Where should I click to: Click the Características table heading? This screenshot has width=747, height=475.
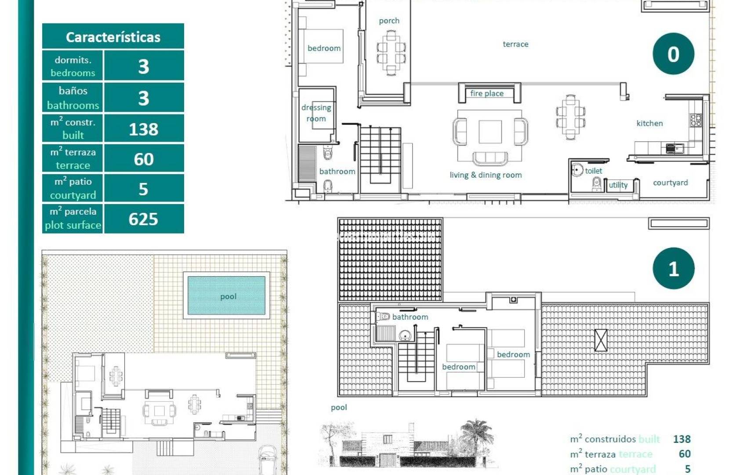tap(113, 37)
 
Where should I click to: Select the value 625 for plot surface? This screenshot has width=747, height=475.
tap(143, 219)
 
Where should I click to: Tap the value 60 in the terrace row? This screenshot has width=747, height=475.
tap(143, 159)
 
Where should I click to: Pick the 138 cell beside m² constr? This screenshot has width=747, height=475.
tap(143, 129)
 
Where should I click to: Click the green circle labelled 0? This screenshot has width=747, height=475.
tap(673, 54)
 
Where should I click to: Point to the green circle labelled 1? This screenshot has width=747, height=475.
tap(673, 268)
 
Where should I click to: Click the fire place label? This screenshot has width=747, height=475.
tap(487, 93)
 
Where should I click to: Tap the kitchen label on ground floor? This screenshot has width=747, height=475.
tap(649, 123)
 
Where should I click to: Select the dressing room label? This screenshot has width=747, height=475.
tap(316, 113)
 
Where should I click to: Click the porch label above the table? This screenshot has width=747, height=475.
tap(389, 21)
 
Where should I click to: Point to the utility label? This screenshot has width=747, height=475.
tap(618, 185)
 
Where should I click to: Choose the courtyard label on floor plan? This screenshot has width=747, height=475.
tap(670, 183)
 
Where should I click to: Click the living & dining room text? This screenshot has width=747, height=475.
tap(486, 175)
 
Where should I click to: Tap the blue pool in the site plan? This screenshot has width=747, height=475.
tap(227, 296)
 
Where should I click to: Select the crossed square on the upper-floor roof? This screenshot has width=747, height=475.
tap(601, 340)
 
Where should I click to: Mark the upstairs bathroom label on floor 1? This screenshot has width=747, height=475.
tap(410, 317)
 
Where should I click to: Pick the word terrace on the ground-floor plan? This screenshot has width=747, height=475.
tap(515, 44)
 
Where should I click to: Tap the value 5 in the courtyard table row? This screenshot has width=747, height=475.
tap(143, 189)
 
